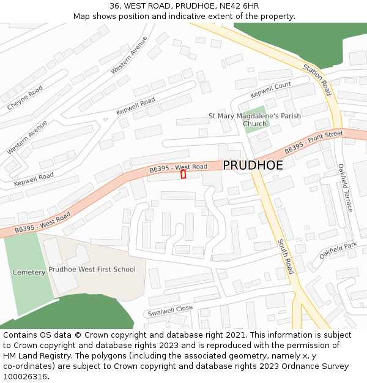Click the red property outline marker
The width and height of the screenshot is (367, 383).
click(183, 175)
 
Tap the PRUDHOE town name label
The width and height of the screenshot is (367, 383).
click(253, 165)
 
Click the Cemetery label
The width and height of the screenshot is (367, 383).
click(29, 272)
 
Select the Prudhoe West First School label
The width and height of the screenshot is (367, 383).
click(92, 269)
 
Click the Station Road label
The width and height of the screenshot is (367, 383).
click(317, 80)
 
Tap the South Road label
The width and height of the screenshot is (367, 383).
click(286, 256)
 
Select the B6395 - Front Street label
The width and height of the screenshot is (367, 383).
click(314, 142)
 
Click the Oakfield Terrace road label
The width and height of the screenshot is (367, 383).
click(345, 188)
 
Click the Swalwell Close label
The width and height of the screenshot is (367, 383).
click(170, 311)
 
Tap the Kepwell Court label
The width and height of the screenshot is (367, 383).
click(270, 90)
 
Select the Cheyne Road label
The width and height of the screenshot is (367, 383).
click(25, 98)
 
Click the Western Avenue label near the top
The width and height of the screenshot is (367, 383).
click(129, 56)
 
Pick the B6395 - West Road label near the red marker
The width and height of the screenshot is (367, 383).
click(179, 167)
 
